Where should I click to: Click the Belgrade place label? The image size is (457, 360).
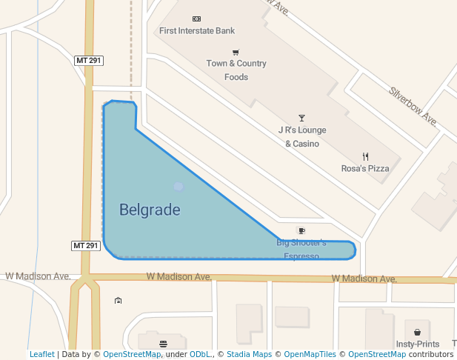pyautogui.click(x=150, y=210)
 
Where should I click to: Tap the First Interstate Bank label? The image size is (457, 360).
pyautogui.click(x=197, y=31)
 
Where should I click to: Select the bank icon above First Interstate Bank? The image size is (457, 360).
pyautogui.click(x=196, y=19)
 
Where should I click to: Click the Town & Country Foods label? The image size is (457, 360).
pyautogui.click(x=236, y=70)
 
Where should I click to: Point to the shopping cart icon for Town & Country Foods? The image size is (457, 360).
pyautogui.click(x=236, y=53)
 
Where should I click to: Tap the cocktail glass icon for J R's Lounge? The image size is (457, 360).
pyautogui.click(x=301, y=119)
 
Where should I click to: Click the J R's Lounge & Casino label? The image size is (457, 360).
pyautogui.click(x=302, y=137)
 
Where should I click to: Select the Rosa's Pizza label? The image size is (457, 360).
pyautogui.click(x=365, y=169)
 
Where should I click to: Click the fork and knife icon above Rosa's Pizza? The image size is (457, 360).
pyautogui.click(x=365, y=156)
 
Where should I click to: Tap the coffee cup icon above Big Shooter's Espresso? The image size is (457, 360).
pyautogui.click(x=301, y=231)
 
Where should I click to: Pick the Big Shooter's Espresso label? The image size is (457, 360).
pyautogui.click(x=301, y=250)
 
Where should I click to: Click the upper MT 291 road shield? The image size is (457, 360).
pyautogui.click(x=87, y=60)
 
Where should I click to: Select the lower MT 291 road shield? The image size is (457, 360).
pyautogui.click(x=86, y=245)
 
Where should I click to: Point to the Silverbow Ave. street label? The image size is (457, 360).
pyautogui.click(x=413, y=106)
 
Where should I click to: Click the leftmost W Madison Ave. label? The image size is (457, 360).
pyautogui.click(x=38, y=276)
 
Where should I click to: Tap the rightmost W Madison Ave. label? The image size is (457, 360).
pyautogui.click(x=364, y=279)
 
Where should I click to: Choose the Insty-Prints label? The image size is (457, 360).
pyautogui.click(x=418, y=344)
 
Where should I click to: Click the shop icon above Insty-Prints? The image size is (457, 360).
pyautogui.click(x=418, y=333)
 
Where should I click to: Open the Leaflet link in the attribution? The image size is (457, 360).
pyautogui.click(x=42, y=355)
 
